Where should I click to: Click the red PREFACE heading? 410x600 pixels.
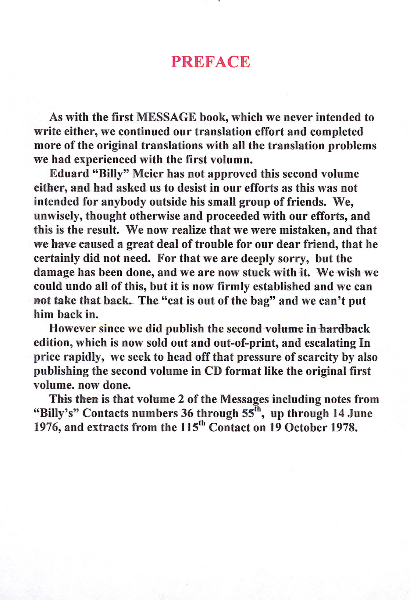click(210, 62)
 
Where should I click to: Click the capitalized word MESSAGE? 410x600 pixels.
click(166, 117)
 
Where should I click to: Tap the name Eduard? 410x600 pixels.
click(69, 174)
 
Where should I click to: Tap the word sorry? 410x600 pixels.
click(293, 258)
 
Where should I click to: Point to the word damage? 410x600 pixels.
click(54, 273)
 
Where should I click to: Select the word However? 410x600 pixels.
click(72, 329)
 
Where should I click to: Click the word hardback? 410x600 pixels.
click(345, 329)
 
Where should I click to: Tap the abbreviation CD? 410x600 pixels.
click(213, 371)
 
